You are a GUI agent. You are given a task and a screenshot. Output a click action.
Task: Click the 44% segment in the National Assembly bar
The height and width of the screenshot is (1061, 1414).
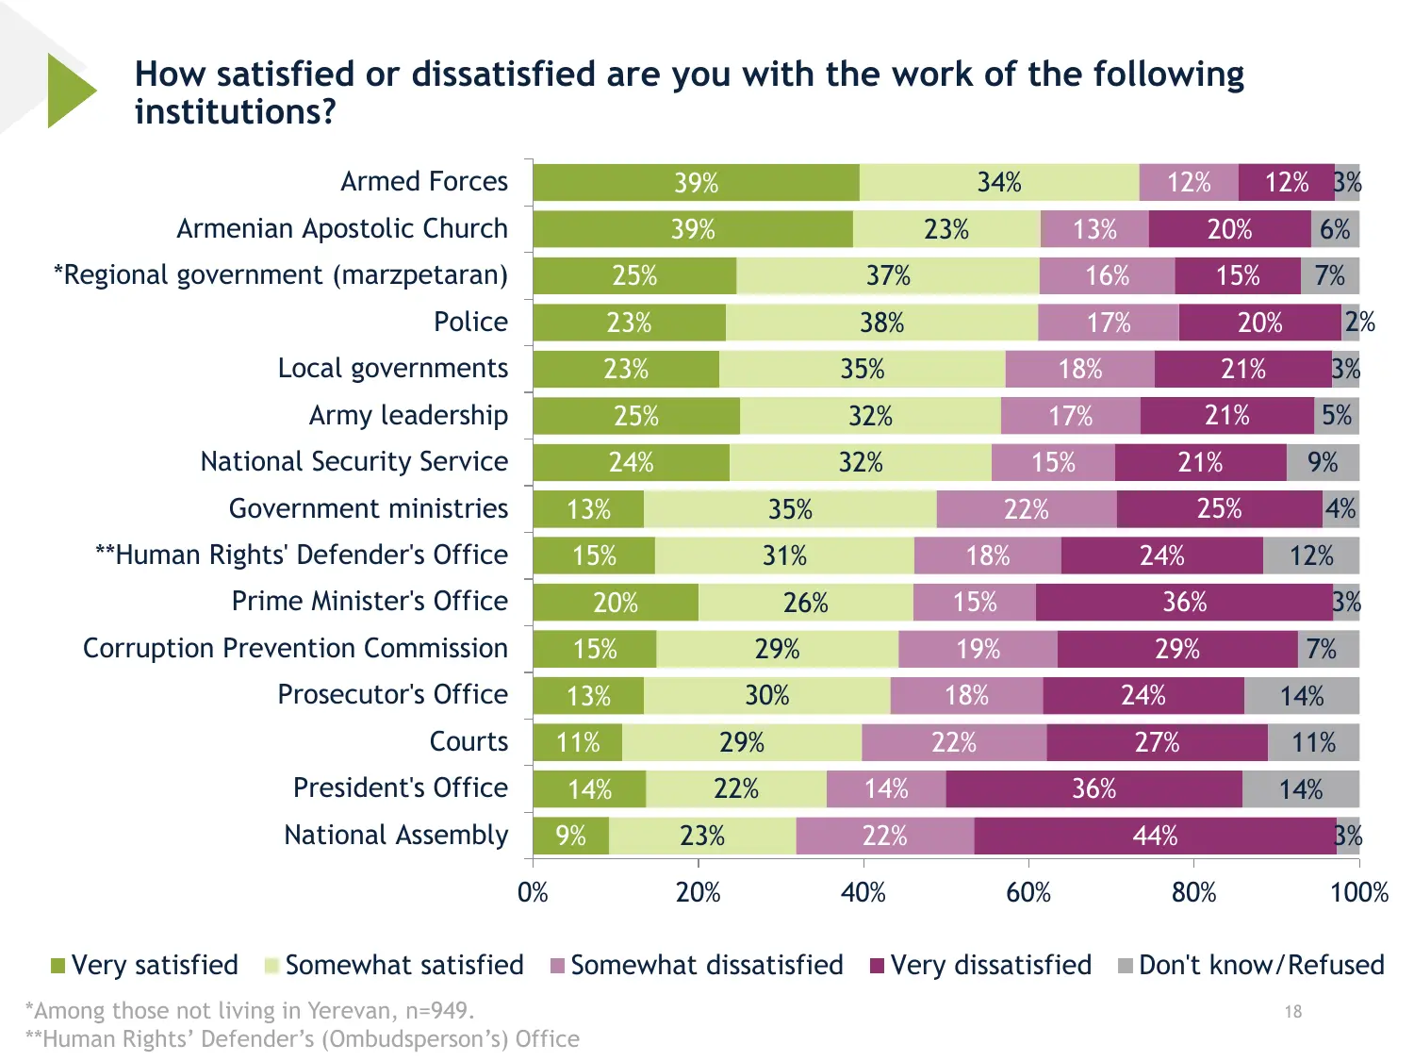pos(1155,836)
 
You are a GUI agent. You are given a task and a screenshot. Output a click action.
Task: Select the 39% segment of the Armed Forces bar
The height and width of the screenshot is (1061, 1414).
pos(696,182)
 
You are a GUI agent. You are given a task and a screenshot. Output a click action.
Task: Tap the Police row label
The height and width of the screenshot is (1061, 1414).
pos(470,322)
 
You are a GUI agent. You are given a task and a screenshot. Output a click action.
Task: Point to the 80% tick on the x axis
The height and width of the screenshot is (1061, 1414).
pos(1193,892)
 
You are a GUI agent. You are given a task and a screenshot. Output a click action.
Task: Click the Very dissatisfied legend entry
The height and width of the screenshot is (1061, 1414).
pos(980,965)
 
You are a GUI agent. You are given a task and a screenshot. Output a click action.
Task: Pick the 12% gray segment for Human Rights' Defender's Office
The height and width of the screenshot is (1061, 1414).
pos(1311,555)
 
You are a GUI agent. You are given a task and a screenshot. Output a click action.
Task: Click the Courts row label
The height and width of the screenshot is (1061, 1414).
pos(469,741)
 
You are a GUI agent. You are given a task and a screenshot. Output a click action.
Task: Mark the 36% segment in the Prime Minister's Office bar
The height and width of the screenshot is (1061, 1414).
pos(1184,602)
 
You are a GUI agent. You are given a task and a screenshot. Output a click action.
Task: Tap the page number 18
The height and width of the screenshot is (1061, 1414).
pos(1292,1012)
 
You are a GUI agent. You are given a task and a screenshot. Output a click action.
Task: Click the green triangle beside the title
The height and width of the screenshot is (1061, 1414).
pos(70,91)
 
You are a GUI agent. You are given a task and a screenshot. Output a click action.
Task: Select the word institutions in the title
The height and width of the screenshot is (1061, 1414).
pos(235,112)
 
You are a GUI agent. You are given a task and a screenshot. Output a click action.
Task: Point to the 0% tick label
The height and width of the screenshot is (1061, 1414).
pos(533,892)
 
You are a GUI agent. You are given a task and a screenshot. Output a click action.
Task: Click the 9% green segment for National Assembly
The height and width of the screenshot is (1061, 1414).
pos(570,836)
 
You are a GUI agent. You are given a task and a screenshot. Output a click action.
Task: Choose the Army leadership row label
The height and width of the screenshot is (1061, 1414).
pos(408,415)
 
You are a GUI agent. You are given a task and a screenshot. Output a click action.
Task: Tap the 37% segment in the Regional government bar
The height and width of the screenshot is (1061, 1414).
pos(888,275)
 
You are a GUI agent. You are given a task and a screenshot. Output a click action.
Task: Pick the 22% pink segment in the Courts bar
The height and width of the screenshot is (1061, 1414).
pos(954,742)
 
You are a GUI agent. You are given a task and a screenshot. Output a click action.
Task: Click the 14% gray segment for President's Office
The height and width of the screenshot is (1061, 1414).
pos(1301,788)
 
